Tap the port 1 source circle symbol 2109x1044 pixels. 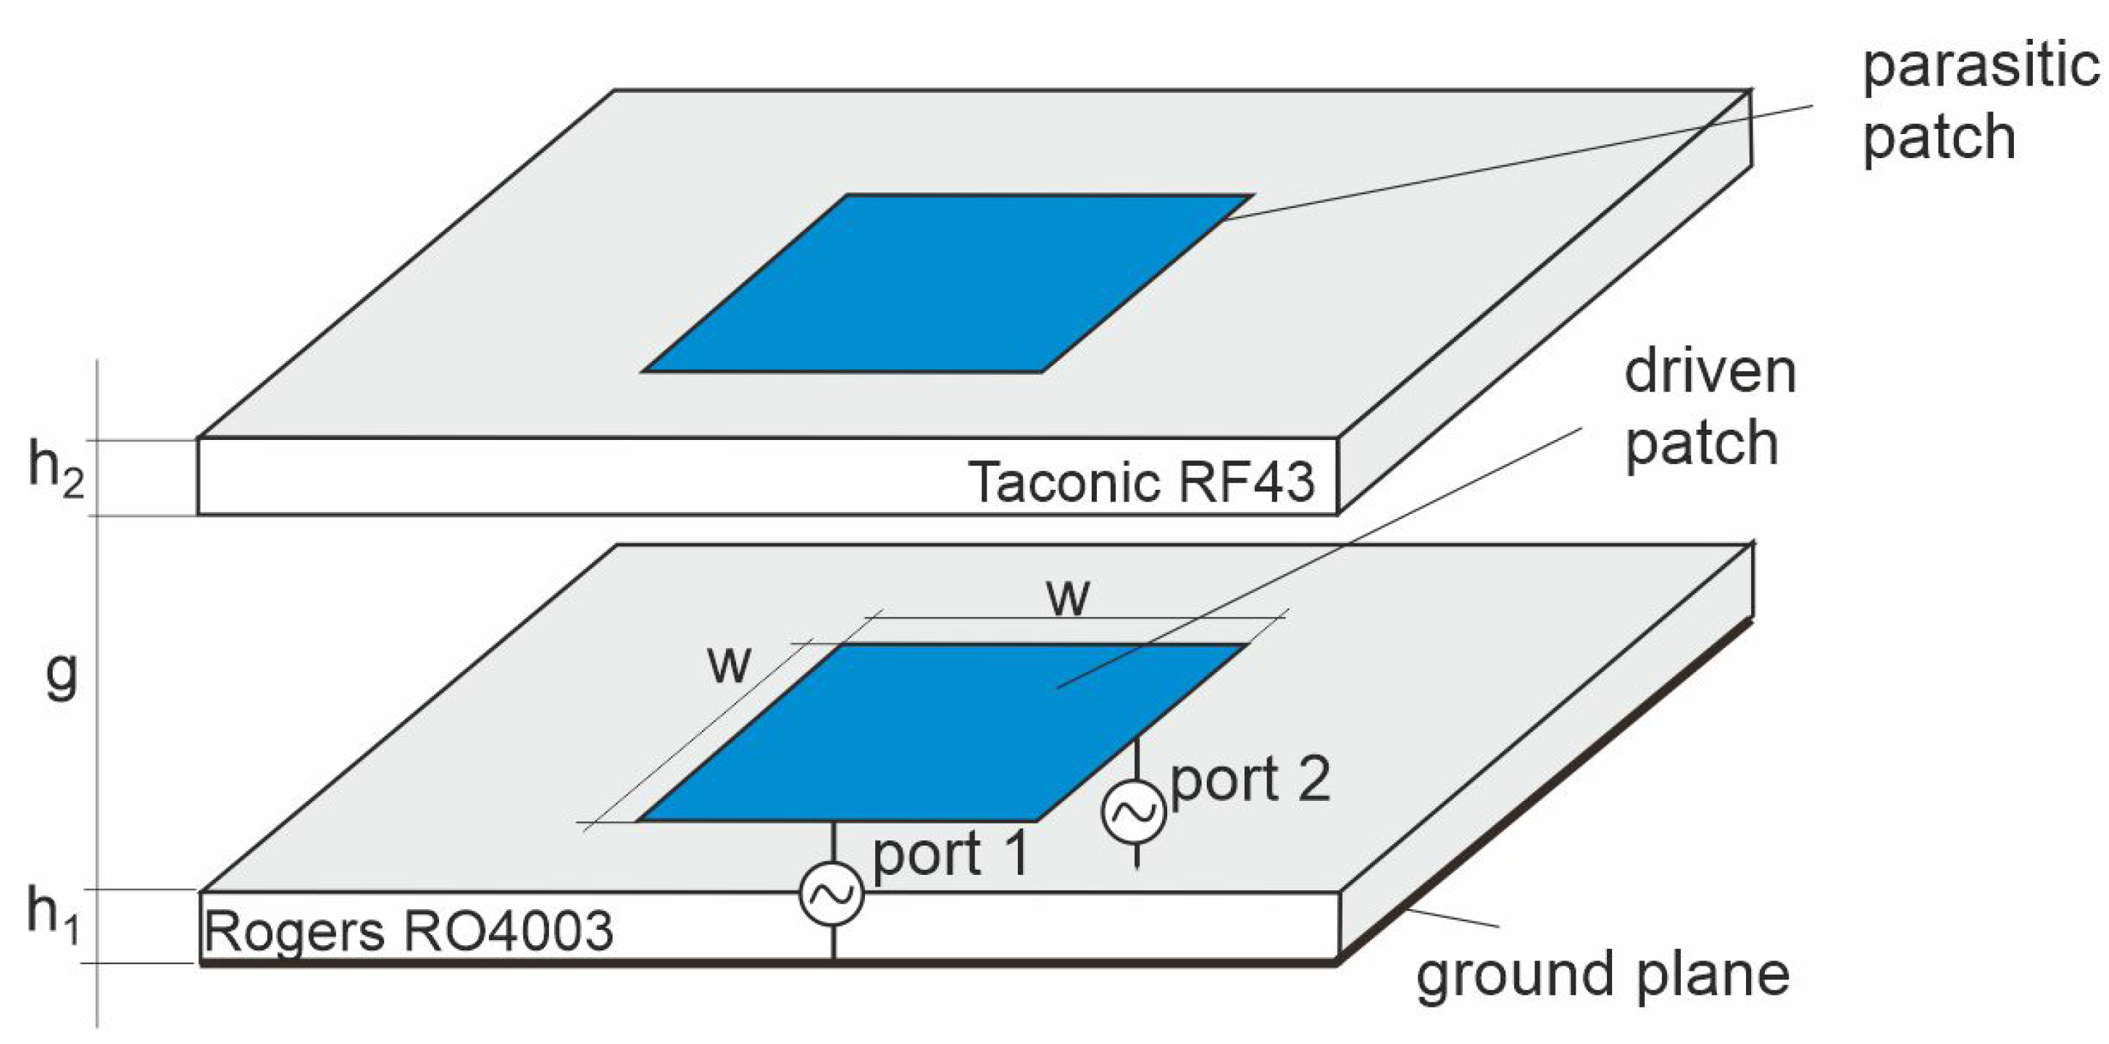coord(832,894)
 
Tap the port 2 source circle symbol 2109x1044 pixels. coord(1134,811)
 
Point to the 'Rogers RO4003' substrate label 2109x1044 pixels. coord(408,931)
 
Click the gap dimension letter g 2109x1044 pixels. coord(61,676)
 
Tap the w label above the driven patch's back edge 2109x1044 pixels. coord(1068,597)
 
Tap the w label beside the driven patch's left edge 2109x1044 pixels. coord(729,664)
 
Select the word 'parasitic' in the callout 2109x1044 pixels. coord(1980,67)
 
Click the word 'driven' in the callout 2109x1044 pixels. coord(1709,373)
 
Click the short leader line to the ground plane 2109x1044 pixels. coord(1453,918)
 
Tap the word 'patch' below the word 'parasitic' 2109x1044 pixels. coord(1938,138)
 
